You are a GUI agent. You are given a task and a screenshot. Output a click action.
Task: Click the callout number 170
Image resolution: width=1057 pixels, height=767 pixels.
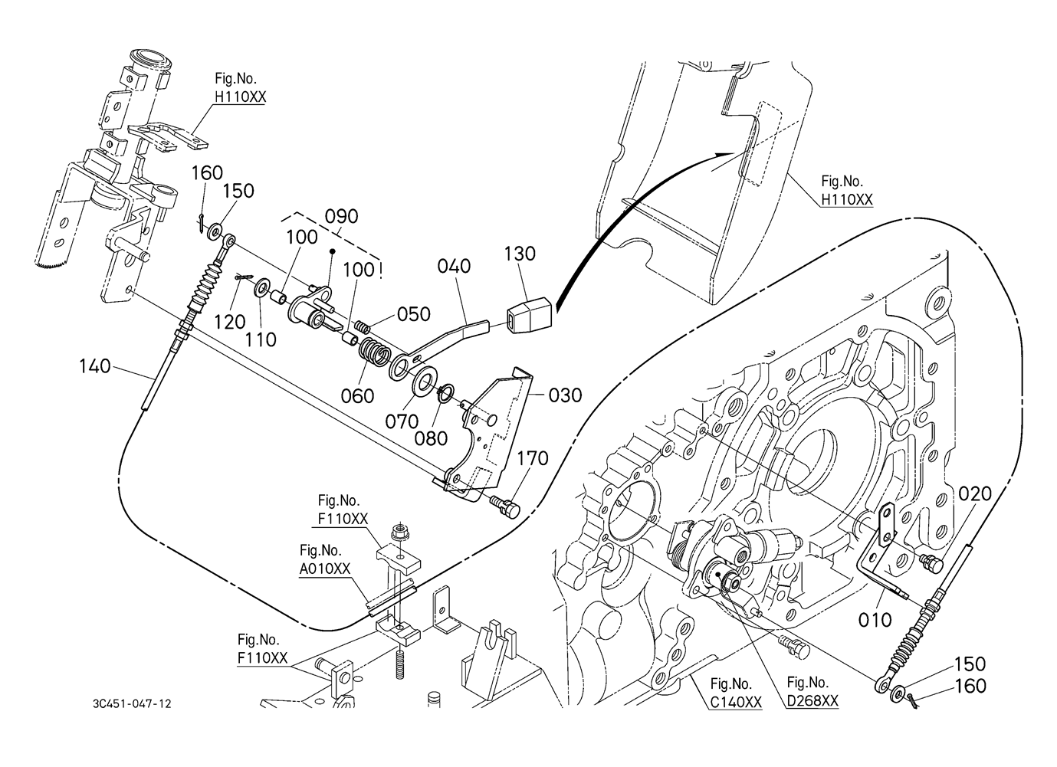click(x=533, y=458)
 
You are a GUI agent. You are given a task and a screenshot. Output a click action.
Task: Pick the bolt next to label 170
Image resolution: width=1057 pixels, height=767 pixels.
click(x=503, y=505)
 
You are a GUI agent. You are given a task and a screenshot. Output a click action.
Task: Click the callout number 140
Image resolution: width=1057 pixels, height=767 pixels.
click(x=95, y=366)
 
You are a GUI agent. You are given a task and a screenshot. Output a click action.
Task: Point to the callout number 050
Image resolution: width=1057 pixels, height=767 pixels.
click(x=414, y=313)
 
